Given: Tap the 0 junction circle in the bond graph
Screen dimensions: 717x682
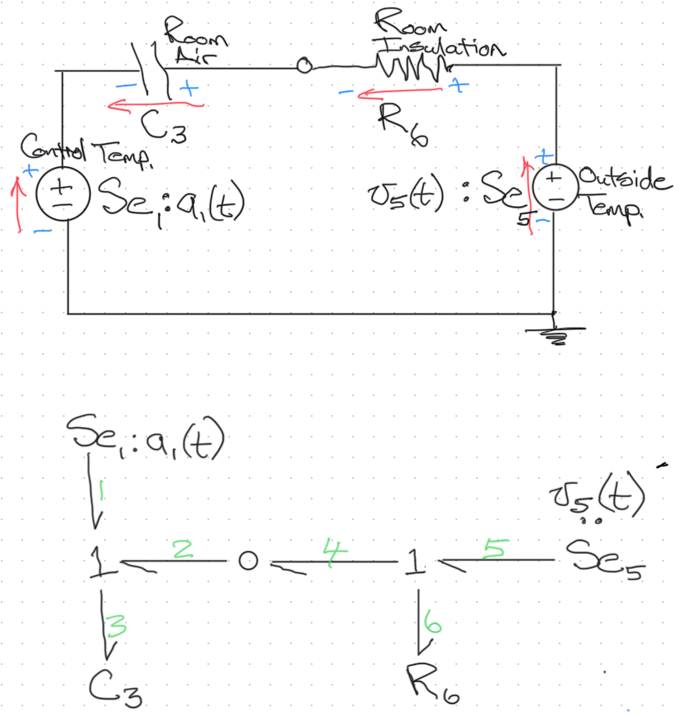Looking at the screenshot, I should pos(244,562).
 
